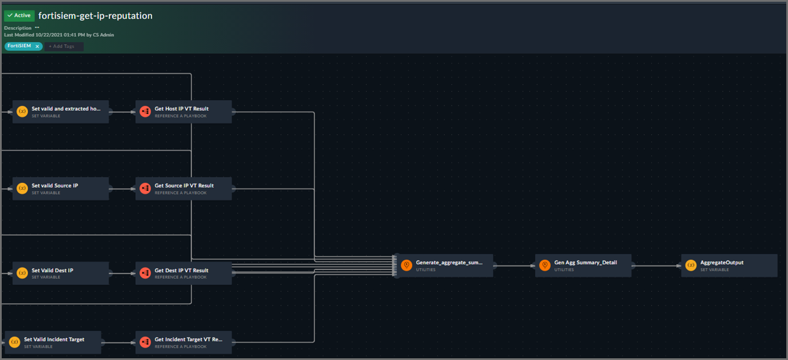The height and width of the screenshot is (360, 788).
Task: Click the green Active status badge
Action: (x=19, y=15)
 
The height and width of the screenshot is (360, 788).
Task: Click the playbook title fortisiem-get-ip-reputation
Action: (x=95, y=15)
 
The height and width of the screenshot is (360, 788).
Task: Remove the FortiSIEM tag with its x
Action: (x=37, y=46)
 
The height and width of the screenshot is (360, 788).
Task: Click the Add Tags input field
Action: (x=64, y=46)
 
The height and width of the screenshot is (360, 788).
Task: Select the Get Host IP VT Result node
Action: (x=183, y=112)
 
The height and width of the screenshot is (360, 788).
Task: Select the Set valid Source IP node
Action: (x=60, y=189)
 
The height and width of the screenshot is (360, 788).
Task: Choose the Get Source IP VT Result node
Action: (x=183, y=189)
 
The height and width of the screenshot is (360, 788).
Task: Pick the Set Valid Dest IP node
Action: (x=60, y=273)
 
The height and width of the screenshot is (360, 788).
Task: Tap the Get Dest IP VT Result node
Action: (x=183, y=273)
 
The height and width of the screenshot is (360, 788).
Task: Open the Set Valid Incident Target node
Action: (x=53, y=342)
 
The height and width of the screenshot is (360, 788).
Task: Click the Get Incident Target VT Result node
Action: (x=183, y=342)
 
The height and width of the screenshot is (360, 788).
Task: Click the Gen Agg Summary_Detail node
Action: (x=583, y=265)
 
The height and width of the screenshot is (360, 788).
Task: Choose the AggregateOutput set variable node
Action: (x=729, y=265)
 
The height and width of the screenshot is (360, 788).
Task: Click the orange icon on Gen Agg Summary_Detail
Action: (x=545, y=265)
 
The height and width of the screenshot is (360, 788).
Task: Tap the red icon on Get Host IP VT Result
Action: (x=145, y=112)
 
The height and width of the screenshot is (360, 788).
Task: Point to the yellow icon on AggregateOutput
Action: (x=691, y=265)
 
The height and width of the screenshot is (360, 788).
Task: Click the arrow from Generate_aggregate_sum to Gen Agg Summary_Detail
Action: (x=514, y=265)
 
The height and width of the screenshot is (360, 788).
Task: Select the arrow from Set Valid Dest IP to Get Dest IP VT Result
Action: (x=122, y=273)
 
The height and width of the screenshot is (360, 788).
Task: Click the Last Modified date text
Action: (x=59, y=35)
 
